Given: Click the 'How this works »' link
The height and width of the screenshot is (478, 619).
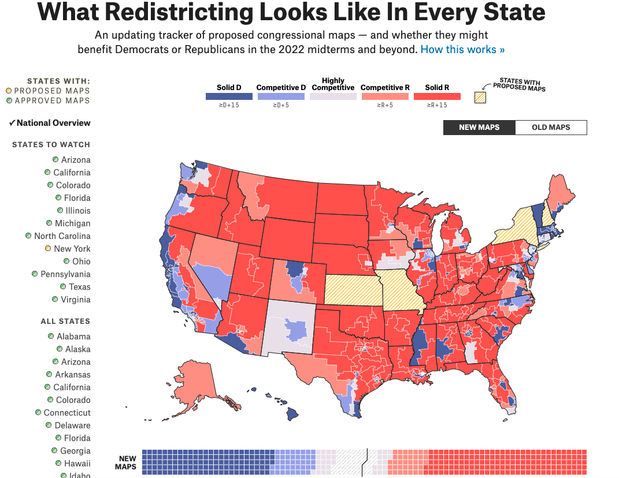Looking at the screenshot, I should point(462,50).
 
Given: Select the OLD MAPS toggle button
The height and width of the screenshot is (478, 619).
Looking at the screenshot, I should point(551,128).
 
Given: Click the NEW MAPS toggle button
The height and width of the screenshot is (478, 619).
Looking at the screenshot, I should point(479,128).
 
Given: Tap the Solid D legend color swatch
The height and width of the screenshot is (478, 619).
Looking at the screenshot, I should point(229,96).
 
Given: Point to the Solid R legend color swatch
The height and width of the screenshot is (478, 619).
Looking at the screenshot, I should point(437,96).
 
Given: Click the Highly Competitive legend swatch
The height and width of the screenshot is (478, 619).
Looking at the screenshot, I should point(333,96).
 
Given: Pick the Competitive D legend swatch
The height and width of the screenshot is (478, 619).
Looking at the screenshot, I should point(281,96).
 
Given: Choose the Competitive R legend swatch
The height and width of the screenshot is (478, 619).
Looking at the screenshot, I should point(385,96).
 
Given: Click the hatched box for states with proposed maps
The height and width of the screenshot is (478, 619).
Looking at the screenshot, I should point(480,98).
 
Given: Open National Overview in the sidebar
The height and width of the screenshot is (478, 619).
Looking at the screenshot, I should point(53,123).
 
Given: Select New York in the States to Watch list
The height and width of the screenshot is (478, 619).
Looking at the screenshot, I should point(72,249).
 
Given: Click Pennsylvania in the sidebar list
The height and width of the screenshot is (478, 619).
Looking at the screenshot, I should point(65,274).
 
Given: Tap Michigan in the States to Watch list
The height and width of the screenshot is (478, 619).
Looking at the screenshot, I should point(72,223).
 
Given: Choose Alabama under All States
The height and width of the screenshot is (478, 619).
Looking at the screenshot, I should point(73,337).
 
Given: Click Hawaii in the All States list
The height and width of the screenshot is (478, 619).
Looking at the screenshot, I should point(77,464).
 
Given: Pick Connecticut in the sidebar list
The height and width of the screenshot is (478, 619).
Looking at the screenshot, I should point(67,413).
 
